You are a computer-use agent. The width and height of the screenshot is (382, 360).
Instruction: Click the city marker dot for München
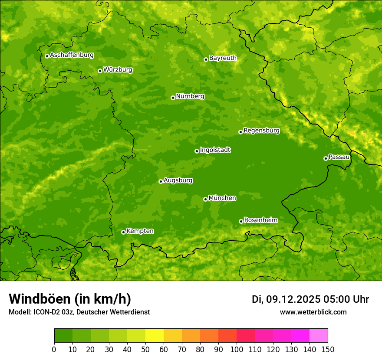pyautogui.click(x=205, y=199)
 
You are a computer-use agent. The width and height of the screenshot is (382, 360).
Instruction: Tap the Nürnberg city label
pyautogui.click(x=190, y=96)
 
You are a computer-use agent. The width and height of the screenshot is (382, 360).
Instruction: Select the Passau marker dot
pyautogui.click(x=326, y=158)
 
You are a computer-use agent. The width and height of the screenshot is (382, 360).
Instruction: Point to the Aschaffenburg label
pyautogui.click(x=72, y=55)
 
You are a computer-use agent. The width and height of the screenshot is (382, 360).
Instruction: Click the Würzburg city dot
pyautogui.click(x=100, y=71)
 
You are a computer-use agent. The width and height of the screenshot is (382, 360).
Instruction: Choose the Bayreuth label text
pyautogui.click(x=223, y=58)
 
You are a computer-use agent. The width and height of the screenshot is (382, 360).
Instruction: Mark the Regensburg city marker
pyautogui.click(x=240, y=132)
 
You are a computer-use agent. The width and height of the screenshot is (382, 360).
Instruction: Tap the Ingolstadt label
pyautogui.click(x=215, y=150)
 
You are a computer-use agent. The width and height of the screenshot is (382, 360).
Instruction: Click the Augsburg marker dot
pyautogui.click(x=161, y=181)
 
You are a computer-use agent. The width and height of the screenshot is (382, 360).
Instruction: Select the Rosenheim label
pyautogui.click(x=260, y=220)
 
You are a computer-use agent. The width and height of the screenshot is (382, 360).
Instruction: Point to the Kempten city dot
pyautogui.click(x=123, y=232)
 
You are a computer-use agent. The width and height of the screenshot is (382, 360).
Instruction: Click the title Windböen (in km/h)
pyautogui.click(x=70, y=299)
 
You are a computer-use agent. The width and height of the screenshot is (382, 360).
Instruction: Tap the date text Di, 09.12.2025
pyautogui.click(x=285, y=299)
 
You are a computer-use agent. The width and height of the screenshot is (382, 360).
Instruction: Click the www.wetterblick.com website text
pyautogui.click(x=313, y=312)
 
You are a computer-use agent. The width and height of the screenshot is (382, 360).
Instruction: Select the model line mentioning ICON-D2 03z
pyautogui.click(x=79, y=312)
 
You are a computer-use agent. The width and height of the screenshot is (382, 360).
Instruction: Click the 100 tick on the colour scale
pyautogui.click(x=237, y=350)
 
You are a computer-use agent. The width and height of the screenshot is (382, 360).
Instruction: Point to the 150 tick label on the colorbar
pyautogui.click(x=328, y=350)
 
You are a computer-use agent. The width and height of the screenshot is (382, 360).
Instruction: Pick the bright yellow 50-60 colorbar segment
pyautogui.click(x=155, y=336)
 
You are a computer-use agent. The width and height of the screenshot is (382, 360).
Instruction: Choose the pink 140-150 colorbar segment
pyautogui.click(x=319, y=336)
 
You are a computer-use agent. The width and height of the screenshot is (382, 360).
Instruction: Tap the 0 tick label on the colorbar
pyautogui.click(x=54, y=350)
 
